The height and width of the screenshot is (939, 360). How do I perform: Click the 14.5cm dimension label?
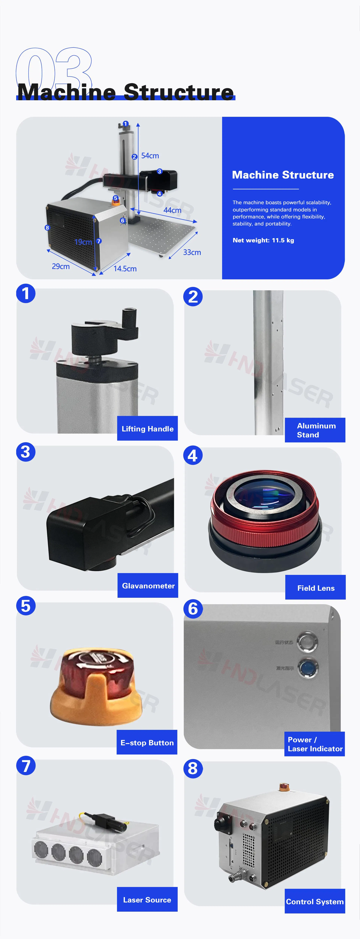click(125, 269)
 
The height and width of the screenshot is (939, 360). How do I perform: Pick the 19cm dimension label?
click(83, 242)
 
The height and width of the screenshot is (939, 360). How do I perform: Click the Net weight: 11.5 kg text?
click(263, 240)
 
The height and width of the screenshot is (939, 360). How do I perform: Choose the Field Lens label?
click(316, 588)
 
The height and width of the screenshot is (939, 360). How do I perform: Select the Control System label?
click(314, 901)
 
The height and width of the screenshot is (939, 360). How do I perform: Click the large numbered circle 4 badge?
click(193, 456)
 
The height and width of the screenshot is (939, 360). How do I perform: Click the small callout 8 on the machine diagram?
click(47, 228)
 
